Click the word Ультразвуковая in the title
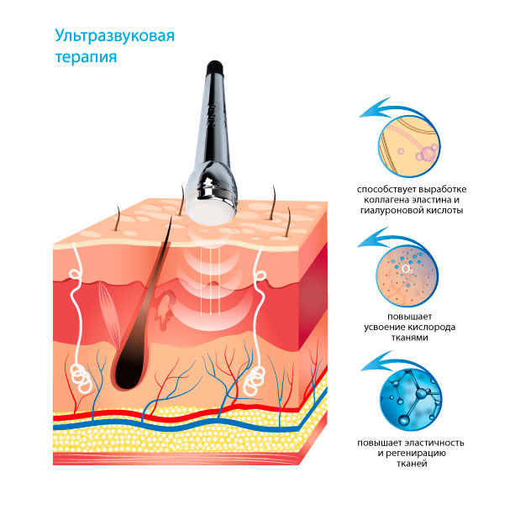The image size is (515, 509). (114, 36)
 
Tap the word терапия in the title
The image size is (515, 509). (86, 56)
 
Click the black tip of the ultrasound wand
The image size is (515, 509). (215, 68)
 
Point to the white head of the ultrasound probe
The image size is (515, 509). (211, 211)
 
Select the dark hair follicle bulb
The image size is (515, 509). (129, 370)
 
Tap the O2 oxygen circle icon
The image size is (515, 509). (407, 275)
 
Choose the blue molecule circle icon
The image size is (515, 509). (411, 400)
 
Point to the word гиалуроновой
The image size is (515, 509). (390, 210)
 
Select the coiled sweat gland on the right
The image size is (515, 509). (255, 381)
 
